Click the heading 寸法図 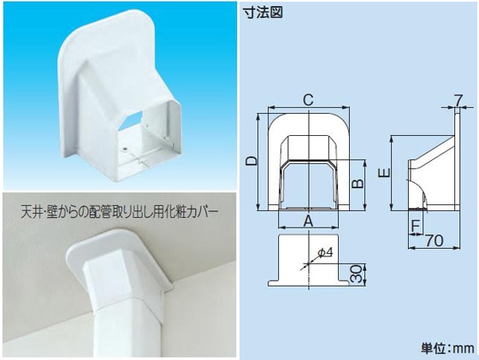[x=263, y=12]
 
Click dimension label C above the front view [x=308, y=99]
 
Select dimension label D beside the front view [x=251, y=161]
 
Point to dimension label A [x=309, y=221]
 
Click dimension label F [x=415, y=226]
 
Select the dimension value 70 [x=435, y=240]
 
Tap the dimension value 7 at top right [x=457, y=100]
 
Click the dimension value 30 [x=355, y=274]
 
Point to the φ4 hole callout [x=324, y=252]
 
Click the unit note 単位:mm [x=448, y=348]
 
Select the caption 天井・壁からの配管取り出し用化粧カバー [x=120, y=211]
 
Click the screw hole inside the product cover [x=125, y=150]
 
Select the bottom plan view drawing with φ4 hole [x=309, y=260]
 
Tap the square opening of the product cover [x=144, y=144]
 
